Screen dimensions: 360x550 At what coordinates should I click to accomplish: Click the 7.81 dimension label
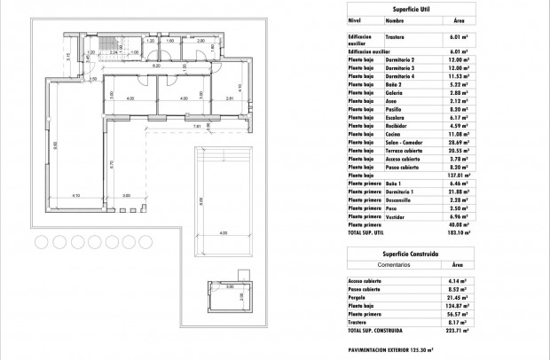[197, 126]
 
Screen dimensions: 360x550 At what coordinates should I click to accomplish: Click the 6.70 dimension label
[111, 162]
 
